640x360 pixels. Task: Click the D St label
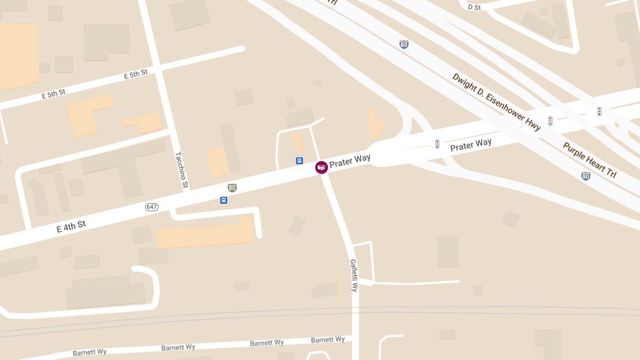tap(474, 7)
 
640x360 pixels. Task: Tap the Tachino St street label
tap(181, 170)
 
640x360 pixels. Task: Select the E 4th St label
tap(71, 227)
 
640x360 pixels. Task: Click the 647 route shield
tap(151, 207)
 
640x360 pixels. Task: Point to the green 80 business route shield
tap(232, 188)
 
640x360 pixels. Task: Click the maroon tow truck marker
tap(322, 167)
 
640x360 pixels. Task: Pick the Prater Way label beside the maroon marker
tap(350, 161)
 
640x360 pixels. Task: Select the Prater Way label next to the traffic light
tap(470, 145)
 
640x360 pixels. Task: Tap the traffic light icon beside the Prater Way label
tap(437, 144)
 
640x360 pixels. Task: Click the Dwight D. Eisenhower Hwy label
tap(497, 101)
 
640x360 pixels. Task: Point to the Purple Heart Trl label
tap(589, 159)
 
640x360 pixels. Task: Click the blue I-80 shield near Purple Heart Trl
tap(586, 176)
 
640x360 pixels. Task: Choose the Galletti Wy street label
tap(354, 275)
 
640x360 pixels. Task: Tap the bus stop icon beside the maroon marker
tap(300, 161)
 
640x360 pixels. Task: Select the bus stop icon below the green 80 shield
tap(223, 201)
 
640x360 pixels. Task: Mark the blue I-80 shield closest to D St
tap(404, 44)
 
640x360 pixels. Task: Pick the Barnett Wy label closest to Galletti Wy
tap(327, 340)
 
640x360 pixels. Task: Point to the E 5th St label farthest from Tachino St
tap(53, 94)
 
